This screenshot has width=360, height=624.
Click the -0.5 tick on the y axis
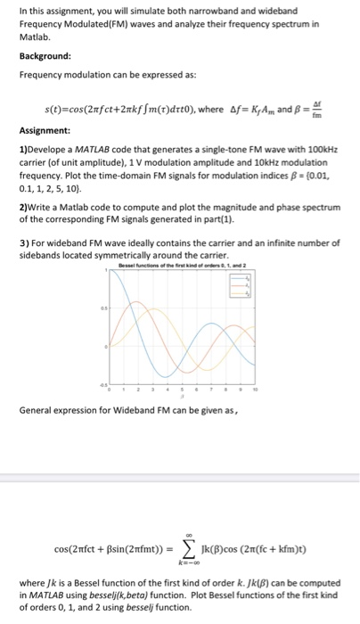click(x=102, y=383)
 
